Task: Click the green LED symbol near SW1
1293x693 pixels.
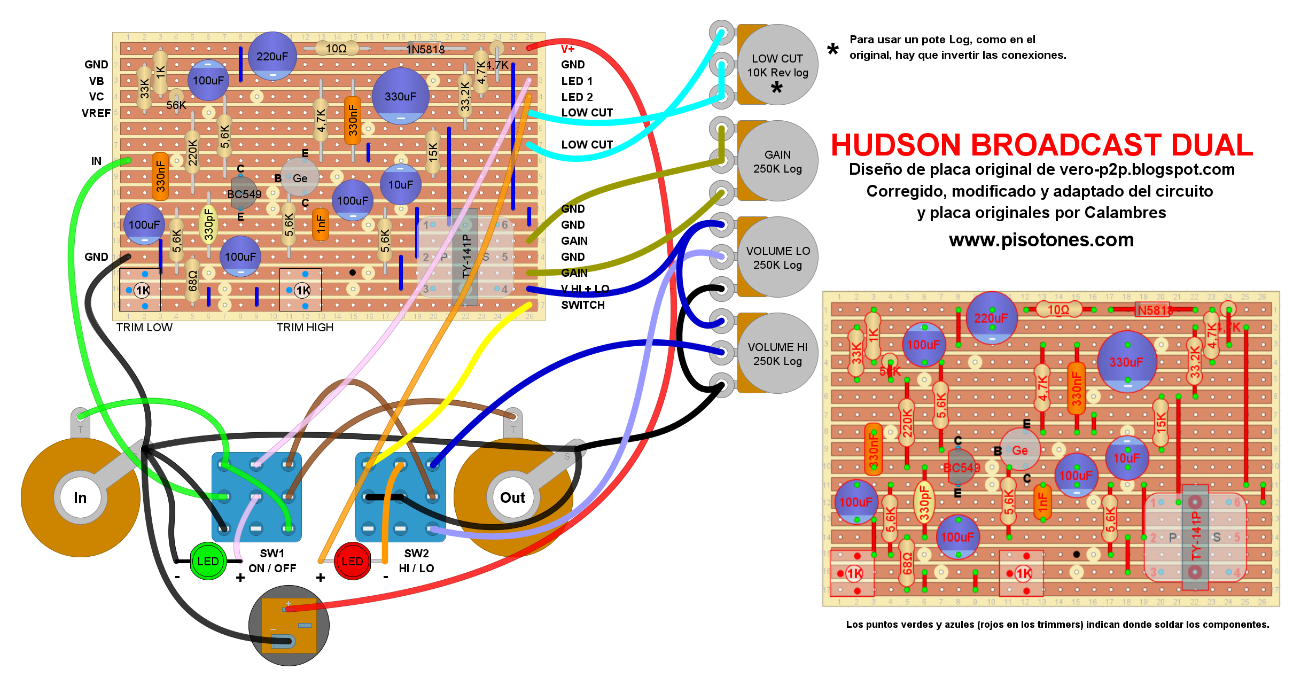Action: tap(208, 561)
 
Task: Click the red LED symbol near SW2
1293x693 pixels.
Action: tap(352, 561)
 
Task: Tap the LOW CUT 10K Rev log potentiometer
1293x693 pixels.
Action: tap(777, 65)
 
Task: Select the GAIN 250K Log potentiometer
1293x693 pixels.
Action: tap(777, 161)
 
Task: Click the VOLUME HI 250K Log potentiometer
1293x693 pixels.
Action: tap(777, 353)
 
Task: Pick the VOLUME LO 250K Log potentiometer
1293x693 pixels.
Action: tap(777, 257)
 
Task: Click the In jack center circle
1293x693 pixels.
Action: tap(80, 497)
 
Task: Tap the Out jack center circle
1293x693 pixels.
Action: tap(512, 497)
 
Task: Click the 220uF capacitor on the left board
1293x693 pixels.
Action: tap(272, 56)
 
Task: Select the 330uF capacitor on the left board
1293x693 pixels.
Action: tap(400, 96)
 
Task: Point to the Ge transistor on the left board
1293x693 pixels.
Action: tap(300, 178)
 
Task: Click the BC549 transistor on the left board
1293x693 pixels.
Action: tap(244, 193)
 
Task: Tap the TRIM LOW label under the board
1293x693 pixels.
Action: tap(144, 328)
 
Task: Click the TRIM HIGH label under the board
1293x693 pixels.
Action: tap(305, 328)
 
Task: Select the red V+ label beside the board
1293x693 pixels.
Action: tap(567, 49)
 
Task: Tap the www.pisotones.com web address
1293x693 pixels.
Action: tap(1041, 240)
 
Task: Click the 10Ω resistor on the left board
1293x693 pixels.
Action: tap(336, 49)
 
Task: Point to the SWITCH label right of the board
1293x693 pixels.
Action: tap(582, 305)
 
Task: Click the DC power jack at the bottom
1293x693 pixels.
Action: tap(289, 625)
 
